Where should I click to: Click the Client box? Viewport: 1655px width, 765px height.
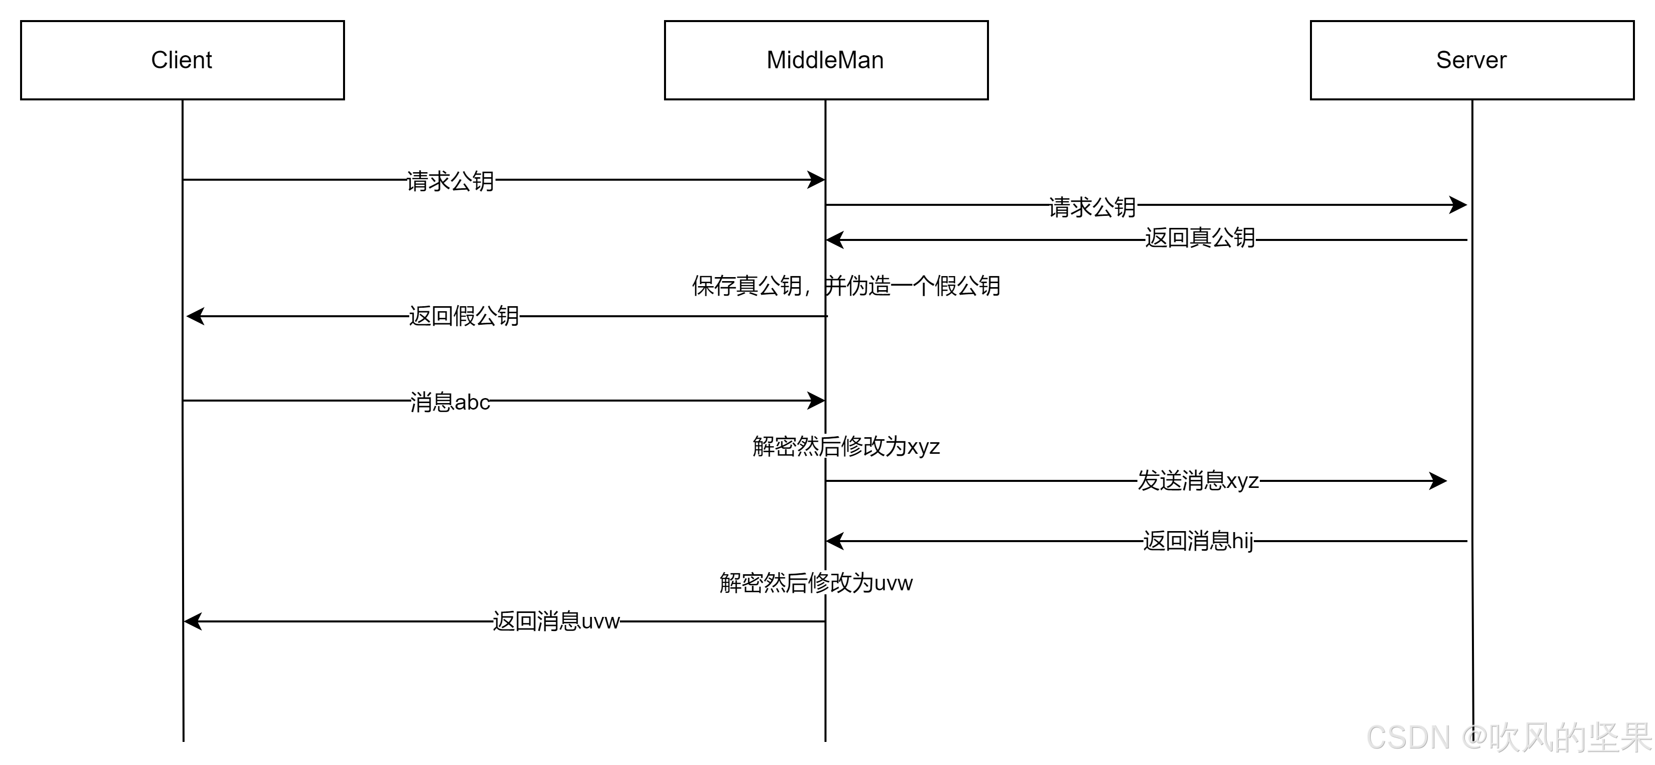(182, 60)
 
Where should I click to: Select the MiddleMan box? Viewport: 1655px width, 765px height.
(825, 60)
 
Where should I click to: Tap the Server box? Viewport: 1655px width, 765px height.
(1471, 60)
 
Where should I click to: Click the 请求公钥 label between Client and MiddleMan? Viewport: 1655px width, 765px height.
(450, 181)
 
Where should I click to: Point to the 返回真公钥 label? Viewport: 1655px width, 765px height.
(1200, 237)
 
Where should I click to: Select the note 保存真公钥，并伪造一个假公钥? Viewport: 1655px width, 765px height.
(846, 286)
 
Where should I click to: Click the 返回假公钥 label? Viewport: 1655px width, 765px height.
(464, 316)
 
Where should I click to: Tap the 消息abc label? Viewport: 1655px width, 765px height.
(450, 403)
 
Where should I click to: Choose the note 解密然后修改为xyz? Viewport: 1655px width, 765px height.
(846, 446)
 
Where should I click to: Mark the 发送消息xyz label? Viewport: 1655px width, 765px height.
(1198, 480)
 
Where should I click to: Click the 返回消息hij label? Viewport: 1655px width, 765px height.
(1198, 541)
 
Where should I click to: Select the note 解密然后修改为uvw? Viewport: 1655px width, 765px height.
(815, 582)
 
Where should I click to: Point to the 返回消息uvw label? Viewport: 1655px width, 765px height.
(556, 621)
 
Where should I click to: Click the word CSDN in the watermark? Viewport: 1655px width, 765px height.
(1407, 737)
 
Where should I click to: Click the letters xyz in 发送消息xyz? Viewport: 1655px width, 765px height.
(1242, 481)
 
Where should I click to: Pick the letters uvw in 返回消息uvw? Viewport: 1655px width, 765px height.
(600, 621)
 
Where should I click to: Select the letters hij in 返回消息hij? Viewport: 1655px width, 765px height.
(1241, 541)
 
